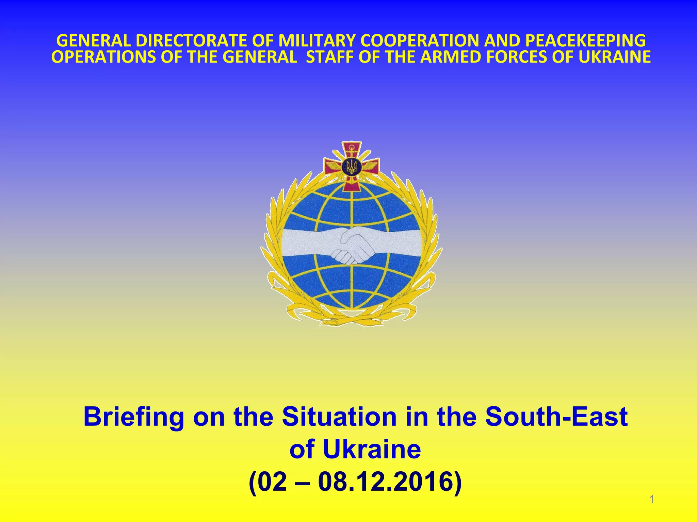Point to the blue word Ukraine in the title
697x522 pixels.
(372, 450)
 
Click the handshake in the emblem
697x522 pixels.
(353, 246)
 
